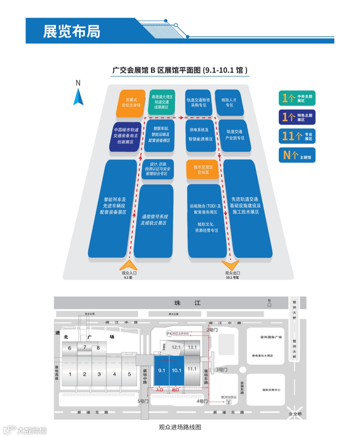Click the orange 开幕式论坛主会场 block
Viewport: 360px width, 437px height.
(131, 103)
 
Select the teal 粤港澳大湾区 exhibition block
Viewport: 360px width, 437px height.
(161, 102)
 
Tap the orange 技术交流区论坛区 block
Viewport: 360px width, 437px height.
(203, 170)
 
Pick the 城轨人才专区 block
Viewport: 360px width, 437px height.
(229, 103)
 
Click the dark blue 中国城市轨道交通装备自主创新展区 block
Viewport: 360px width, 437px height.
(126, 136)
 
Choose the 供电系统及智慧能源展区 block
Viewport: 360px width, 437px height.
(200, 135)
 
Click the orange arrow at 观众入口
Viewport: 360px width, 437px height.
(128, 265)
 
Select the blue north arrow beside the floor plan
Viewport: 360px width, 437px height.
(78, 97)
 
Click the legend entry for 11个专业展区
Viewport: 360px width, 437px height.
(297, 136)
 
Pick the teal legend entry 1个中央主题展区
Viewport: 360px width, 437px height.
(297, 98)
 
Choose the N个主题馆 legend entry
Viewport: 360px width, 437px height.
(297, 155)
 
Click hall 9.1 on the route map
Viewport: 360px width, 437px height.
(162, 370)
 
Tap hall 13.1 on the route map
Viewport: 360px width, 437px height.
(192, 347)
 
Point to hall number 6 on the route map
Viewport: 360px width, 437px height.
(70, 348)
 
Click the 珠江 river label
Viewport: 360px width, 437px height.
(187, 303)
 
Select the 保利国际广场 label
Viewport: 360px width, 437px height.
(271, 337)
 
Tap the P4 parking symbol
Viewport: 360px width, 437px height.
(169, 333)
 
